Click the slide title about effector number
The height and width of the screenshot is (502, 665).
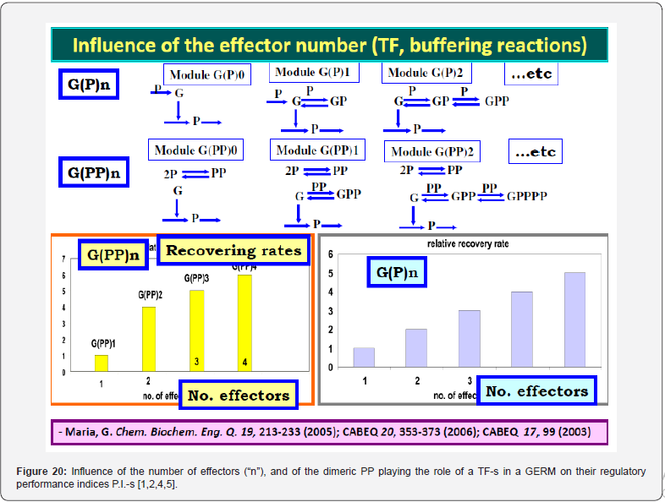[329, 44]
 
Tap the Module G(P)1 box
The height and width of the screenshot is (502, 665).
[314, 74]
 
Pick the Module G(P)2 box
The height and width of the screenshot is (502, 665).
[427, 74]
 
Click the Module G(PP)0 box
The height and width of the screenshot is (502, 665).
[198, 150]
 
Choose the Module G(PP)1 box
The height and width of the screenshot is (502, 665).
[317, 150]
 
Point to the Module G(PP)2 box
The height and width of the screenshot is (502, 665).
[431, 152]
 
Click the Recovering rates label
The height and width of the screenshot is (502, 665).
[234, 250]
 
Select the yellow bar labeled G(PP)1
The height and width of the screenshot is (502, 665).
[102, 363]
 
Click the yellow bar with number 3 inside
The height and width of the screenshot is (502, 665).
[196, 330]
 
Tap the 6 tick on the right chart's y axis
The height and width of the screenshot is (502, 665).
[331, 254]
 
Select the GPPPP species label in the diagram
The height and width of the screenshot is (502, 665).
[527, 196]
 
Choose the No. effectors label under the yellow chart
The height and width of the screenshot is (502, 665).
[239, 395]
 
